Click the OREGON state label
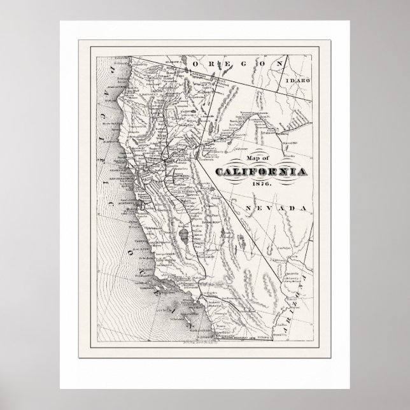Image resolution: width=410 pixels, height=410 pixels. pyautogui.click(x=231, y=64)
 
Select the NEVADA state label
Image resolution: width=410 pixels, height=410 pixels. pyautogui.click(x=278, y=209)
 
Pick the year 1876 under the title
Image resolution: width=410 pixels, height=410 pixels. pyautogui.click(x=262, y=183)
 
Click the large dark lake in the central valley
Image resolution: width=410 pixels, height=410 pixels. pyautogui.click(x=184, y=236)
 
